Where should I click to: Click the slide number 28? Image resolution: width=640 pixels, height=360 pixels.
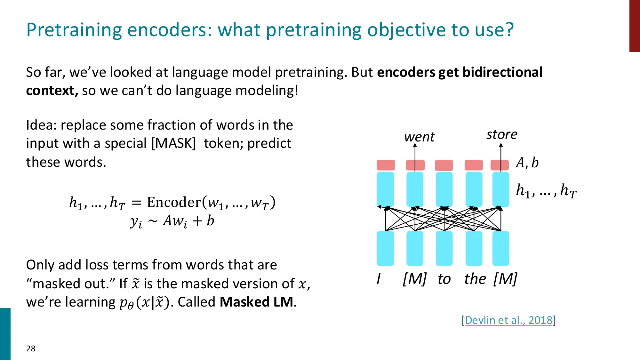tap(31, 348)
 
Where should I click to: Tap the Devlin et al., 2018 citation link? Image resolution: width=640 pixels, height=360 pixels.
tap(508, 320)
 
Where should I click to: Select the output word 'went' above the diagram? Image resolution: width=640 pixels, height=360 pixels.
tap(419, 137)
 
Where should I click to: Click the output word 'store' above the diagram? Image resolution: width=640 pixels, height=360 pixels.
tap(501, 134)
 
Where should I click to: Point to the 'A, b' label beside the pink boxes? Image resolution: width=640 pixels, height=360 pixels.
tap(527, 163)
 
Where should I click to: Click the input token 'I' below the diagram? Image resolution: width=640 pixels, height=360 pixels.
tap(379, 279)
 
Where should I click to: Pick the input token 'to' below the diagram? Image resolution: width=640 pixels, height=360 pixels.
tap(444, 279)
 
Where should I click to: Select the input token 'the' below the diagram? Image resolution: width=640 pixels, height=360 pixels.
tap(475, 279)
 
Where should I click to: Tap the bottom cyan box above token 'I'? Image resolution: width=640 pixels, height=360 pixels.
tap(385, 248)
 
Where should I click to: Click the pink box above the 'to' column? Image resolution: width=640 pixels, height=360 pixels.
tap(444, 165)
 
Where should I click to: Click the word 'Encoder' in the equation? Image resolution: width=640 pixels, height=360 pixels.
tap(174, 202)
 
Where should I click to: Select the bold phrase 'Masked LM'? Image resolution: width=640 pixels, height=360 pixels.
tap(256, 302)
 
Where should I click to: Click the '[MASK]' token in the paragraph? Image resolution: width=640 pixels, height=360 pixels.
tap(173, 143)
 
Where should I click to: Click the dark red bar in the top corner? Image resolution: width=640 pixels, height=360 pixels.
tap(634, 26)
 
